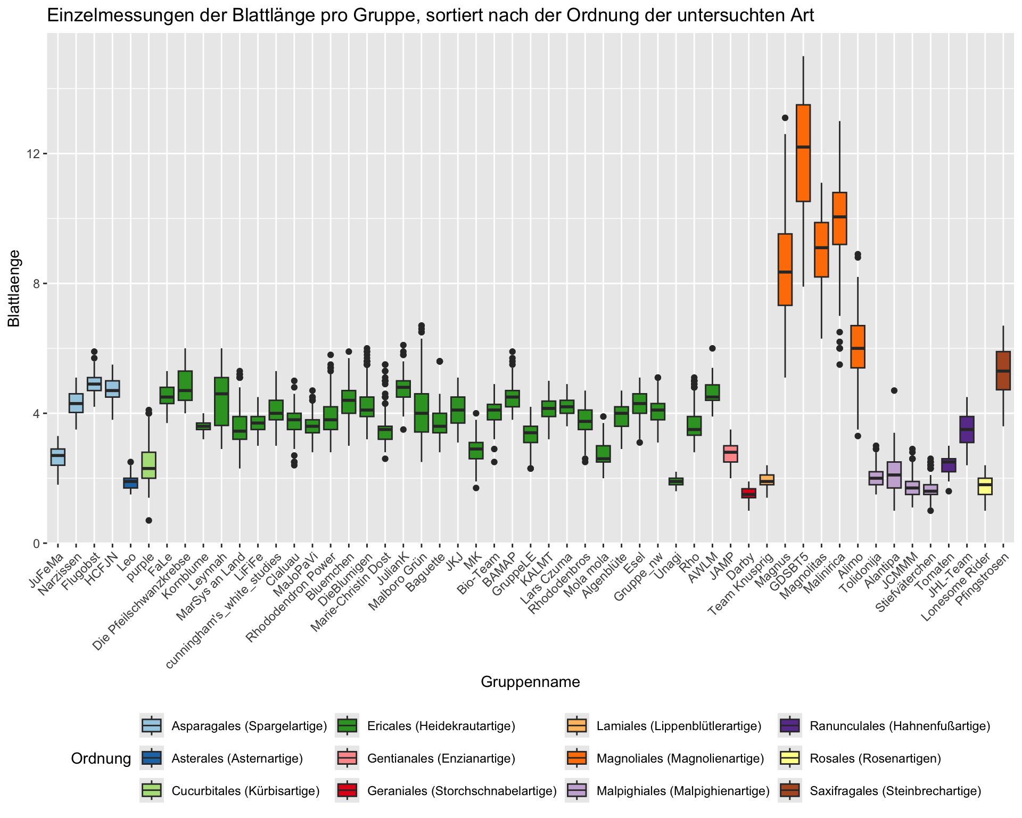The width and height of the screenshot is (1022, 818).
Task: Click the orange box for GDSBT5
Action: point(803,153)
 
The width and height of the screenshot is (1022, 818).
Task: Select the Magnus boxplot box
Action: point(785,269)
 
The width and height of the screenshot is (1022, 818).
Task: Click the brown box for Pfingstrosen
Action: point(1003,371)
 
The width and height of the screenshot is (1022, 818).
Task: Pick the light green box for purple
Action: point(149,465)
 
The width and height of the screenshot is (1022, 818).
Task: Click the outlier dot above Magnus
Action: point(785,118)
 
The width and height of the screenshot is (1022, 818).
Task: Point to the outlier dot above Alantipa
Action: point(894,390)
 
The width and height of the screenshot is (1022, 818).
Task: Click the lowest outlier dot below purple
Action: point(149,520)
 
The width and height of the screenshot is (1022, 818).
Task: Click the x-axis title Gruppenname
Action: point(530,682)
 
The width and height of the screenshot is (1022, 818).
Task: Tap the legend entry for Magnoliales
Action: point(680,758)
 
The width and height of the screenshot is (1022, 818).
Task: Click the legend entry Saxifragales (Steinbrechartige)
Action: point(895,791)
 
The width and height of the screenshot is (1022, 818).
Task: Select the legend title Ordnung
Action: point(101,759)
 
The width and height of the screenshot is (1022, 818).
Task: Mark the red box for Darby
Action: point(748,493)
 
